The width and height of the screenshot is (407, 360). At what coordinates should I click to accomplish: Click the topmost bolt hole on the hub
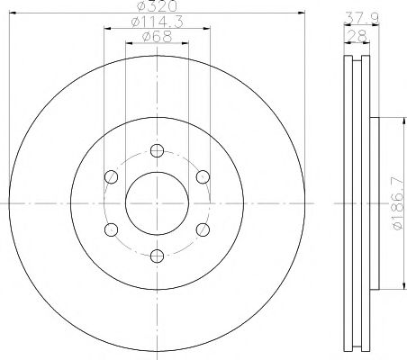tap(155, 150)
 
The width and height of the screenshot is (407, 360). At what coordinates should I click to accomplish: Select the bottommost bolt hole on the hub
tap(155, 255)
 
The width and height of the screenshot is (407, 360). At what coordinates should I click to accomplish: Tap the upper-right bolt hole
tap(203, 176)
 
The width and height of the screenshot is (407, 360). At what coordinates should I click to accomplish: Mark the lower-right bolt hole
tap(203, 229)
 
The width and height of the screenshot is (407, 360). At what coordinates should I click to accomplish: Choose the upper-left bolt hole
tap(109, 176)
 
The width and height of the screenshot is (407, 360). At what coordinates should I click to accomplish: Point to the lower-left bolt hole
tap(109, 229)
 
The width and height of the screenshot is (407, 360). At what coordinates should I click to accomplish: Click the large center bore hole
tap(155, 202)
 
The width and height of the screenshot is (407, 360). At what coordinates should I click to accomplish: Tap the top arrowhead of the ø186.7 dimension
tap(389, 121)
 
